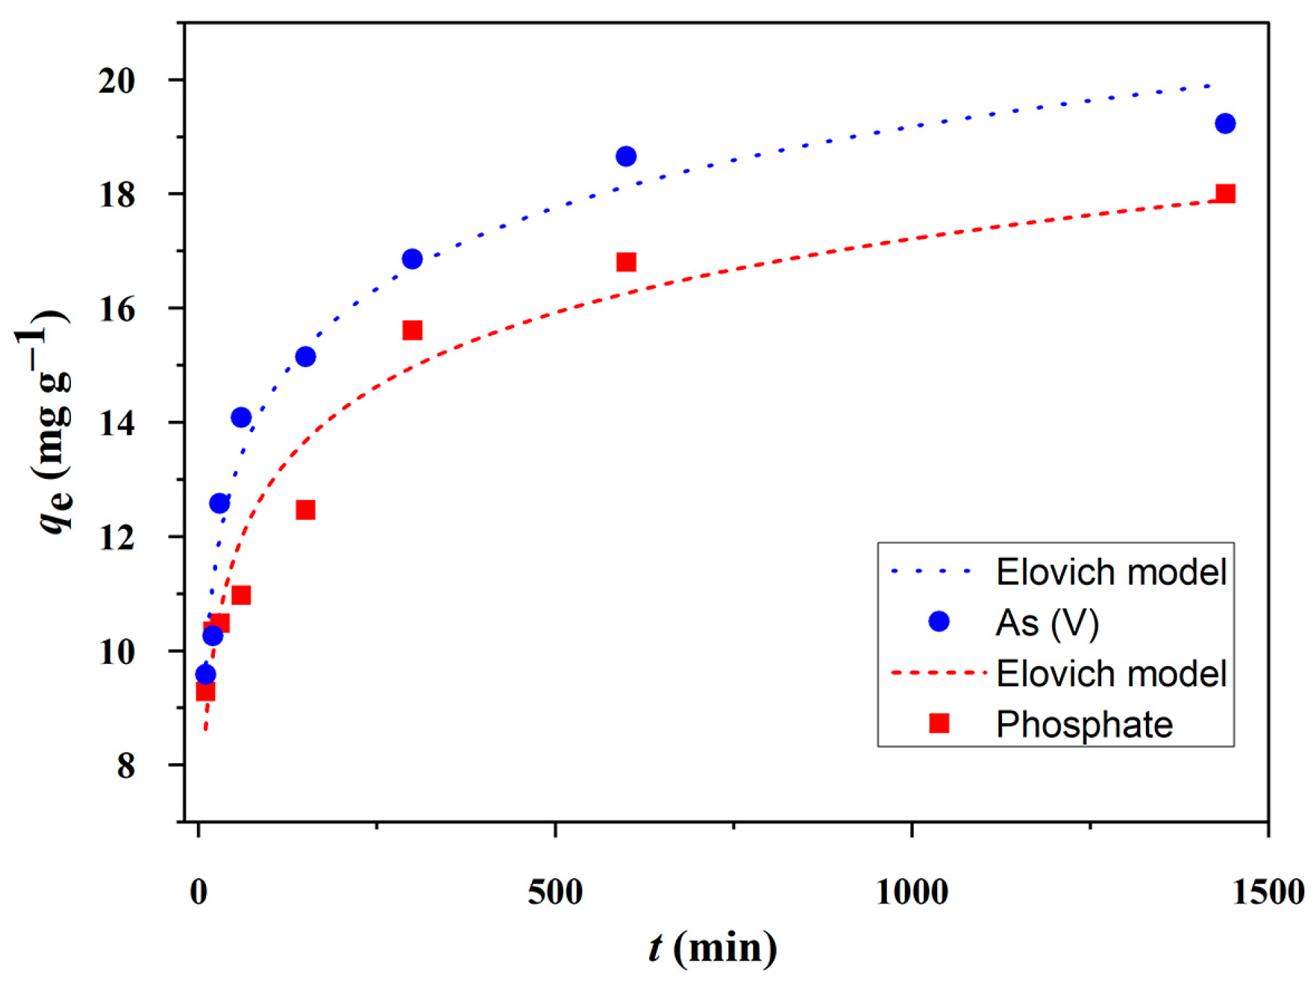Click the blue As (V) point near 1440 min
pyautogui.click(x=1224, y=124)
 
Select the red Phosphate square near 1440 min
pyautogui.click(x=1224, y=194)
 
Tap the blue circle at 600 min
pyautogui.click(x=626, y=156)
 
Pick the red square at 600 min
pyautogui.click(x=626, y=262)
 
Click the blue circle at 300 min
pyautogui.click(x=412, y=259)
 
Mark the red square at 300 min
pyautogui.click(x=412, y=331)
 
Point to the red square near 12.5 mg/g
pyautogui.click(x=305, y=510)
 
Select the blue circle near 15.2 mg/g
pyautogui.click(x=305, y=357)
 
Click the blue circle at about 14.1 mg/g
pyautogui.click(x=241, y=417)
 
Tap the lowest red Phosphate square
pyautogui.click(x=205, y=691)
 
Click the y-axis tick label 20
pyautogui.click(x=116, y=81)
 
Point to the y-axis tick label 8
pyautogui.click(x=125, y=765)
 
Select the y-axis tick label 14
pyautogui.click(x=116, y=423)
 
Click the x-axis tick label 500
pyautogui.click(x=555, y=893)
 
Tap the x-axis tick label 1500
pyautogui.click(x=1267, y=893)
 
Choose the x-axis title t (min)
pyautogui.click(x=712, y=948)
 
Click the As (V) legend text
pyautogui.click(x=1046, y=623)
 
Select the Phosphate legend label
pyautogui.click(x=1083, y=725)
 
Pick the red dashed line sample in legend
pyautogui.click(x=938, y=672)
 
